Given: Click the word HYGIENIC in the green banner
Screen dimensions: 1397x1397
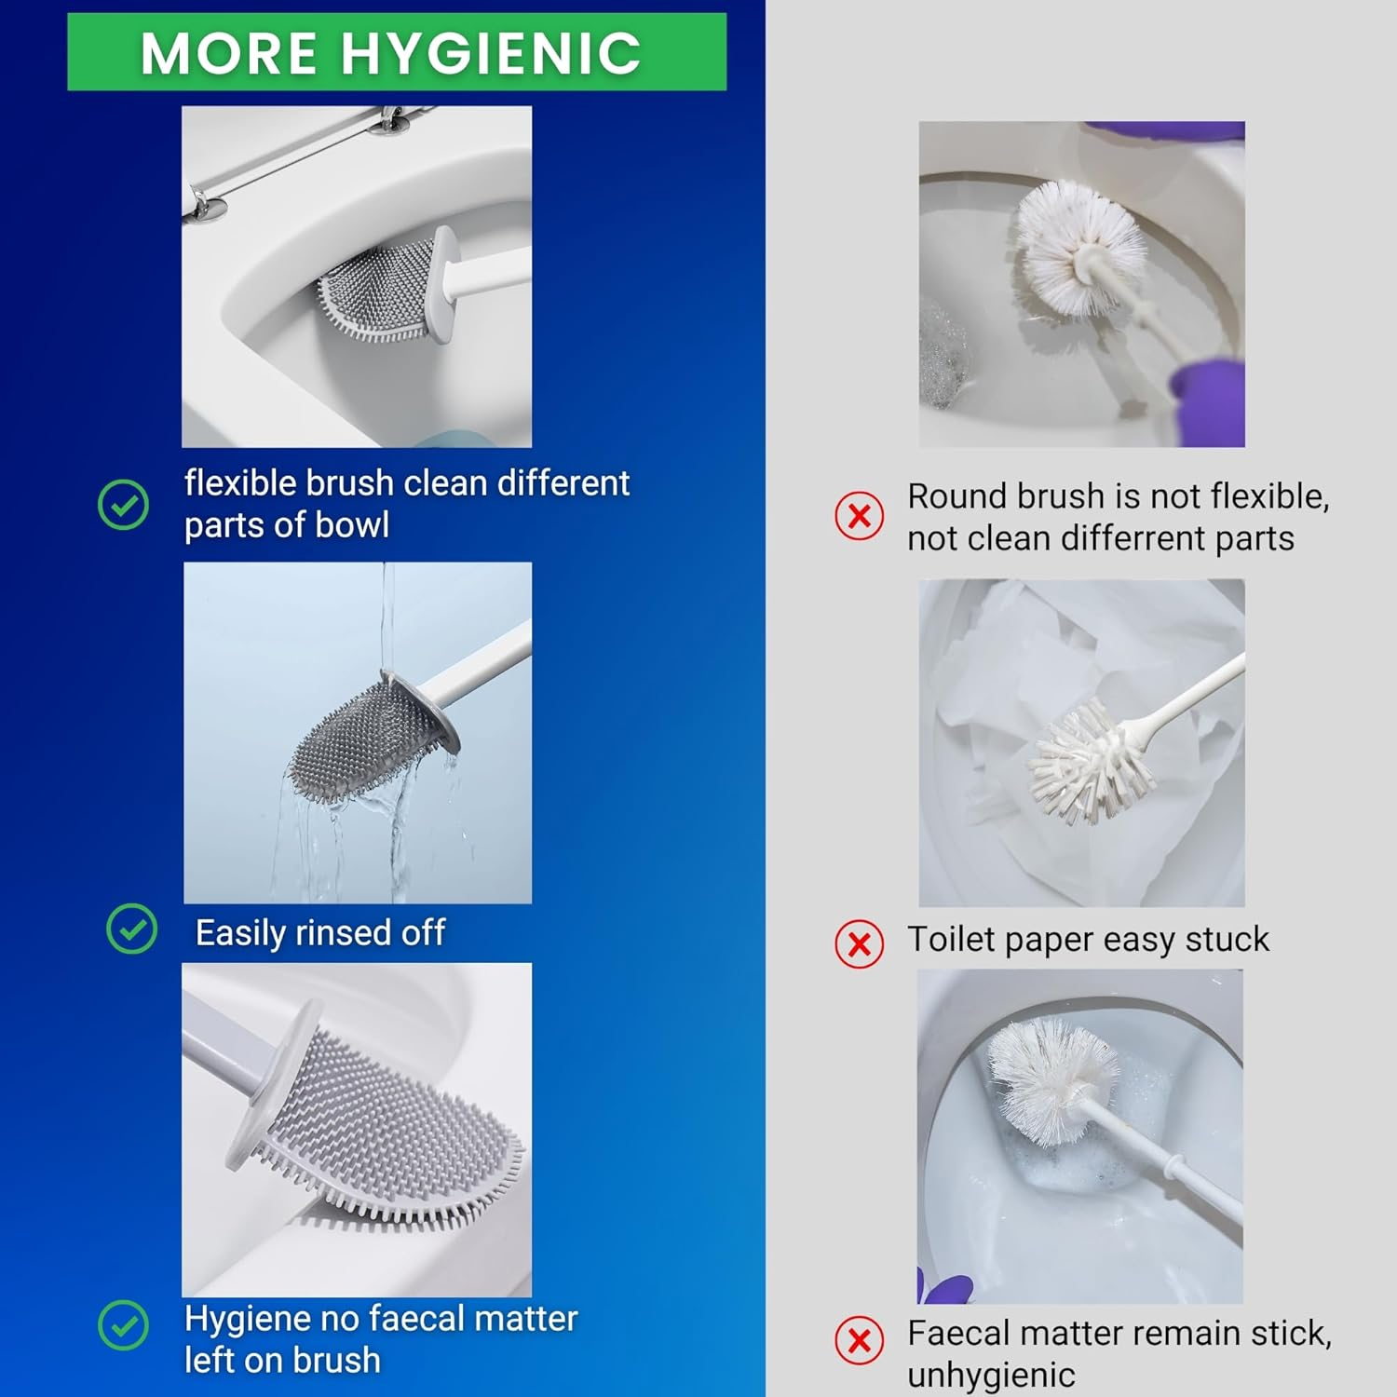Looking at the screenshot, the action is click(491, 53).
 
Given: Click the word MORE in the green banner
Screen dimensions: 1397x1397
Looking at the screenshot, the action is click(229, 53).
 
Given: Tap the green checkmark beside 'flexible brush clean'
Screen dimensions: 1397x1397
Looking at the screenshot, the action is click(123, 505).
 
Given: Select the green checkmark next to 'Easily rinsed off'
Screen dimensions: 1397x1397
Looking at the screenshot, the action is click(132, 929).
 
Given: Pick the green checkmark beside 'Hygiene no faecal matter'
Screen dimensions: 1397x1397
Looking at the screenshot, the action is click(123, 1324).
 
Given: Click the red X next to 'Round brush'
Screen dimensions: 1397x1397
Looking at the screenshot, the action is click(860, 516).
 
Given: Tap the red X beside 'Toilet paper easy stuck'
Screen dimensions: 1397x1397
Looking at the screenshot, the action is click(860, 944).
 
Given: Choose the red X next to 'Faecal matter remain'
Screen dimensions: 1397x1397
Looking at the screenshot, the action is click(860, 1340).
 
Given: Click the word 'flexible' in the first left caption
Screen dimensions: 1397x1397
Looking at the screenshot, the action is click(239, 483).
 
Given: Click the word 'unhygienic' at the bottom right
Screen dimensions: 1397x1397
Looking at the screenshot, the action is click(991, 1376).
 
